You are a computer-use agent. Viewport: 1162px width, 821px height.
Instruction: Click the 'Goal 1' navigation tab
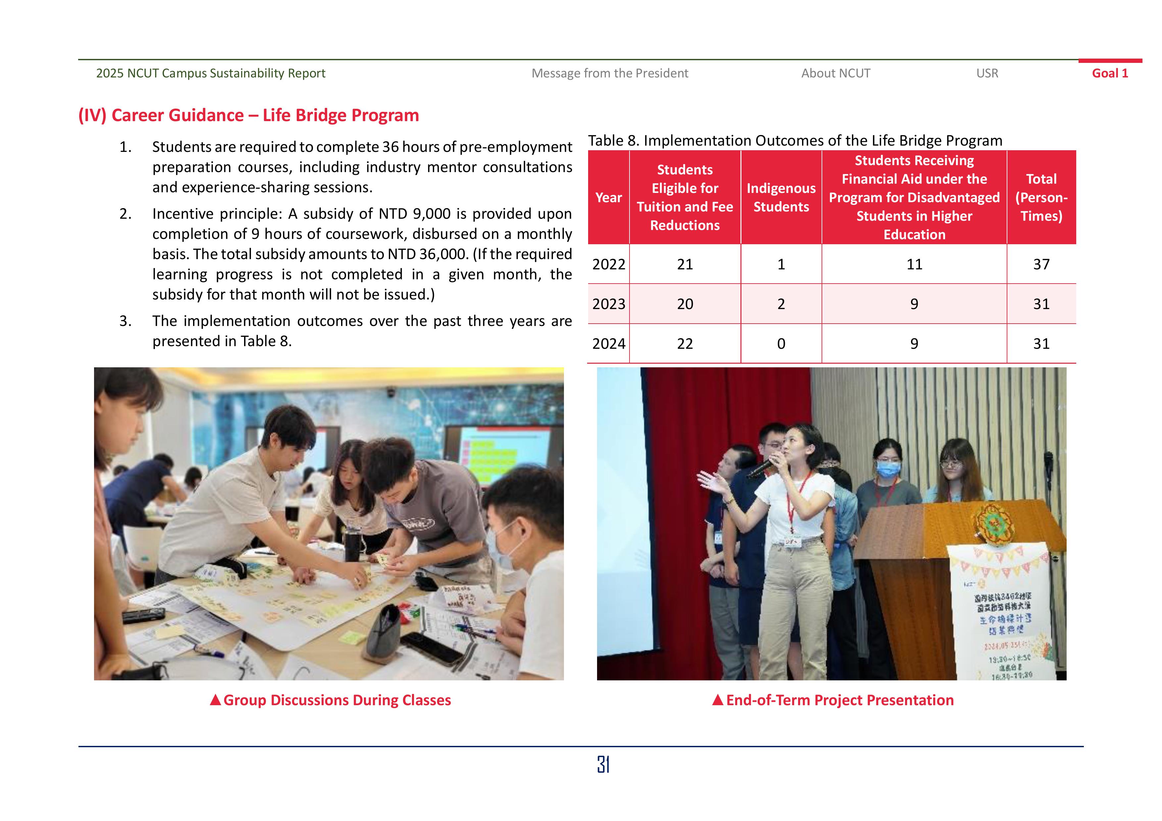[1109, 73]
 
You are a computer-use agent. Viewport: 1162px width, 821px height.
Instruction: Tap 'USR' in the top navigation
[987, 73]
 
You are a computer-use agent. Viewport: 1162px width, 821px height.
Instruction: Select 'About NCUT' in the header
[835, 73]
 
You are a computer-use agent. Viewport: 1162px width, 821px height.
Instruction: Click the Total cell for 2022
[1041, 264]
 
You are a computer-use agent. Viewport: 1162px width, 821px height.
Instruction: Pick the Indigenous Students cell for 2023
[781, 304]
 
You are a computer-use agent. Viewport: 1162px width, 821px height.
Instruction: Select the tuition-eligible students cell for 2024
[685, 344]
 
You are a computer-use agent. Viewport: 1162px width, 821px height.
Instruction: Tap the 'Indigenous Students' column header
[781, 197]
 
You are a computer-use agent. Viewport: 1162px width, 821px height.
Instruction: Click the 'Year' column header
[608, 197]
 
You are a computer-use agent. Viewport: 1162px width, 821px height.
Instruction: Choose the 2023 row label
[608, 304]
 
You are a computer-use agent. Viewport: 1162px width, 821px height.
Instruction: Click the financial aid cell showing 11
[914, 264]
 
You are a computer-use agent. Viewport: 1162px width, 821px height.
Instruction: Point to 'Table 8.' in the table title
[613, 141]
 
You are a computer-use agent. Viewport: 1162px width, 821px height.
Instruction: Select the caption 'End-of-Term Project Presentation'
[839, 700]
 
